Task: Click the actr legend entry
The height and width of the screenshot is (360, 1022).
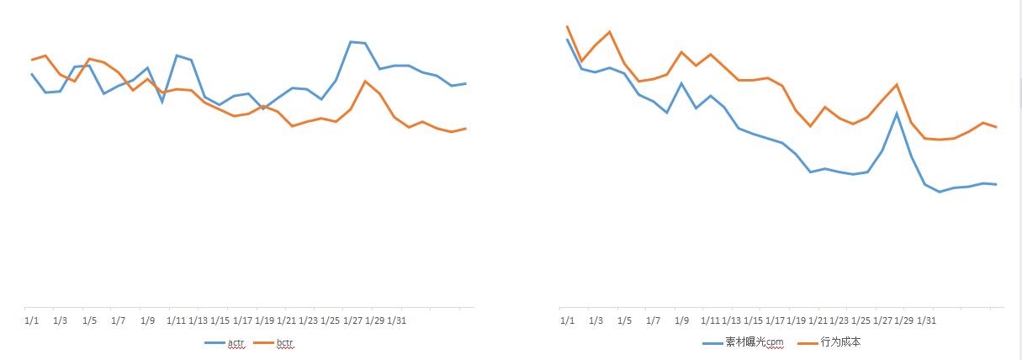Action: pyautogui.click(x=236, y=343)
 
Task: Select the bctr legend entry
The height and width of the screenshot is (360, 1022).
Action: pyautogui.click(x=286, y=343)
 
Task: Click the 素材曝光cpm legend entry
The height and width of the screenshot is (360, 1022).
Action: pyautogui.click(x=755, y=343)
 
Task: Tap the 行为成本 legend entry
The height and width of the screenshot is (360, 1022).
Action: pyautogui.click(x=840, y=343)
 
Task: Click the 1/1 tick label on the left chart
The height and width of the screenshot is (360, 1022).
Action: pyautogui.click(x=32, y=320)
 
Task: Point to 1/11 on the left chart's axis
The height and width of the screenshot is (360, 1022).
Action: pyautogui.click(x=177, y=320)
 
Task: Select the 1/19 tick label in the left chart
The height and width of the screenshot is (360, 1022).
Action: pyautogui.click(x=264, y=320)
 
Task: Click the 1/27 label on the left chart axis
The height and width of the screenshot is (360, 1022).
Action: pyautogui.click(x=352, y=320)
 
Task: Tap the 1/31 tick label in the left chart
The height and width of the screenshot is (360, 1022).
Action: pyautogui.click(x=396, y=320)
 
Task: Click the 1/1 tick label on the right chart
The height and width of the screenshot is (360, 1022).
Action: pyautogui.click(x=568, y=320)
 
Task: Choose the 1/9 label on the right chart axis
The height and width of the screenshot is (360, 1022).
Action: pyautogui.click(x=682, y=320)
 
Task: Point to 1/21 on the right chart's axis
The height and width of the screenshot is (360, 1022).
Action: pyautogui.click(x=817, y=320)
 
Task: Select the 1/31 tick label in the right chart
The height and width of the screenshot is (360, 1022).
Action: pyautogui.click(x=926, y=320)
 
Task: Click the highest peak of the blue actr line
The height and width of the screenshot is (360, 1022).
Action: pyautogui.click(x=351, y=41)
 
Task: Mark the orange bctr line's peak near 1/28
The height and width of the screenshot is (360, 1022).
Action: pyautogui.click(x=365, y=82)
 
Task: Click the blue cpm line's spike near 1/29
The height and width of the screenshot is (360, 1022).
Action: pyautogui.click(x=897, y=114)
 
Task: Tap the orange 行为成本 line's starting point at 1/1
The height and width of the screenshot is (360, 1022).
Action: pyautogui.click(x=568, y=26)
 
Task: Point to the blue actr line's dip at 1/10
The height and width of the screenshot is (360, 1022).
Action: pyautogui.click(x=162, y=102)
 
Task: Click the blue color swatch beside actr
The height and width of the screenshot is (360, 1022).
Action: pyautogui.click(x=215, y=343)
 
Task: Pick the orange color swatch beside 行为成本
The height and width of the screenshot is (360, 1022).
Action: pyautogui.click(x=808, y=343)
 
